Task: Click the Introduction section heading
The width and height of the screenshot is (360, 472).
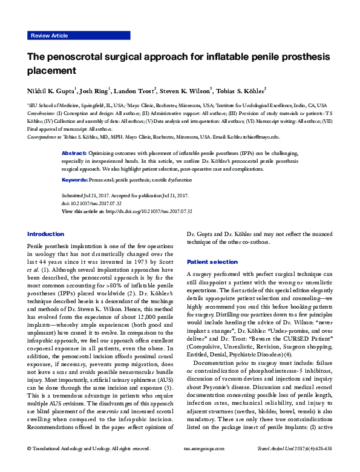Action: (46, 234)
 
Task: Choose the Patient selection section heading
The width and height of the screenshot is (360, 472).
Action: (212, 262)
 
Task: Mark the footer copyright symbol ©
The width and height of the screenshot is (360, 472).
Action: (30, 465)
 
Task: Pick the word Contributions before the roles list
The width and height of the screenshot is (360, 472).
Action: (41, 113)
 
